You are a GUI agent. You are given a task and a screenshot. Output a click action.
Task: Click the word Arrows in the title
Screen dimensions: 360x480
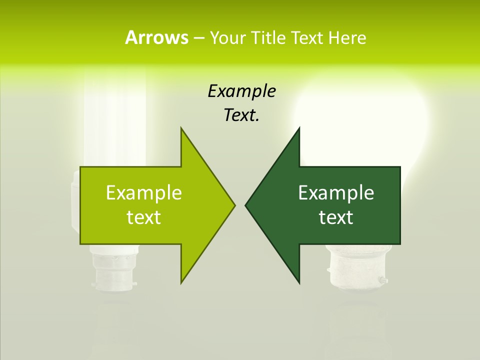pyautogui.click(x=156, y=37)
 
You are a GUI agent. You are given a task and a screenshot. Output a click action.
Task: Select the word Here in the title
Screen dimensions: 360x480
pyautogui.click(x=347, y=38)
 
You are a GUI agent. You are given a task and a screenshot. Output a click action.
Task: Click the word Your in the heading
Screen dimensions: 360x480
pyautogui.click(x=228, y=38)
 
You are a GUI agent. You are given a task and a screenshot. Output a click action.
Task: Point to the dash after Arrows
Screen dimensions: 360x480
pyautogui.click(x=198, y=38)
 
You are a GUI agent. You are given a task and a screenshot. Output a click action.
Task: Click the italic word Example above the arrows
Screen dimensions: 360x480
pyautogui.click(x=241, y=91)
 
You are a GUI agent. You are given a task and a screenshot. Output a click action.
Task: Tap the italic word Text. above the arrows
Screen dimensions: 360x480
pyautogui.click(x=241, y=115)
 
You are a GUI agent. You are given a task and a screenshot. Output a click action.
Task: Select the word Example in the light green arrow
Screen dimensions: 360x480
pyautogui.click(x=144, y=192)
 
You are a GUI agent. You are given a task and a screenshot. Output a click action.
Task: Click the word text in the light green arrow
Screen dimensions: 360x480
pyautogui.click(x=144, y=217)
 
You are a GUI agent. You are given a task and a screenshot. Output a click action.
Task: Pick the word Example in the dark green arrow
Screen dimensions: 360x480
pyautogui.click(x=336, y=192)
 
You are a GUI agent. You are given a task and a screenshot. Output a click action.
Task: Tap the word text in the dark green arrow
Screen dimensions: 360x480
pyautogui.click(x=336, y=217)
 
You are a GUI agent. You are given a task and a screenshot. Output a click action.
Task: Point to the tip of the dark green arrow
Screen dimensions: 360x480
pyautogui.click(x=246, y=205)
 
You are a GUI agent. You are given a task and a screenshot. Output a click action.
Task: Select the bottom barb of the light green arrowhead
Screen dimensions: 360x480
pyautogui.click(x=182, y=281)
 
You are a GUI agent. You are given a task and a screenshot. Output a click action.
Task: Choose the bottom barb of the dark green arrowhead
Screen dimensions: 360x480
pyautogui.click(x=298, y=281)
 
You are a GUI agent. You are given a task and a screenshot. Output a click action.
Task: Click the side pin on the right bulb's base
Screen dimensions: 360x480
pyautogui.click(x=383, y=280)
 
